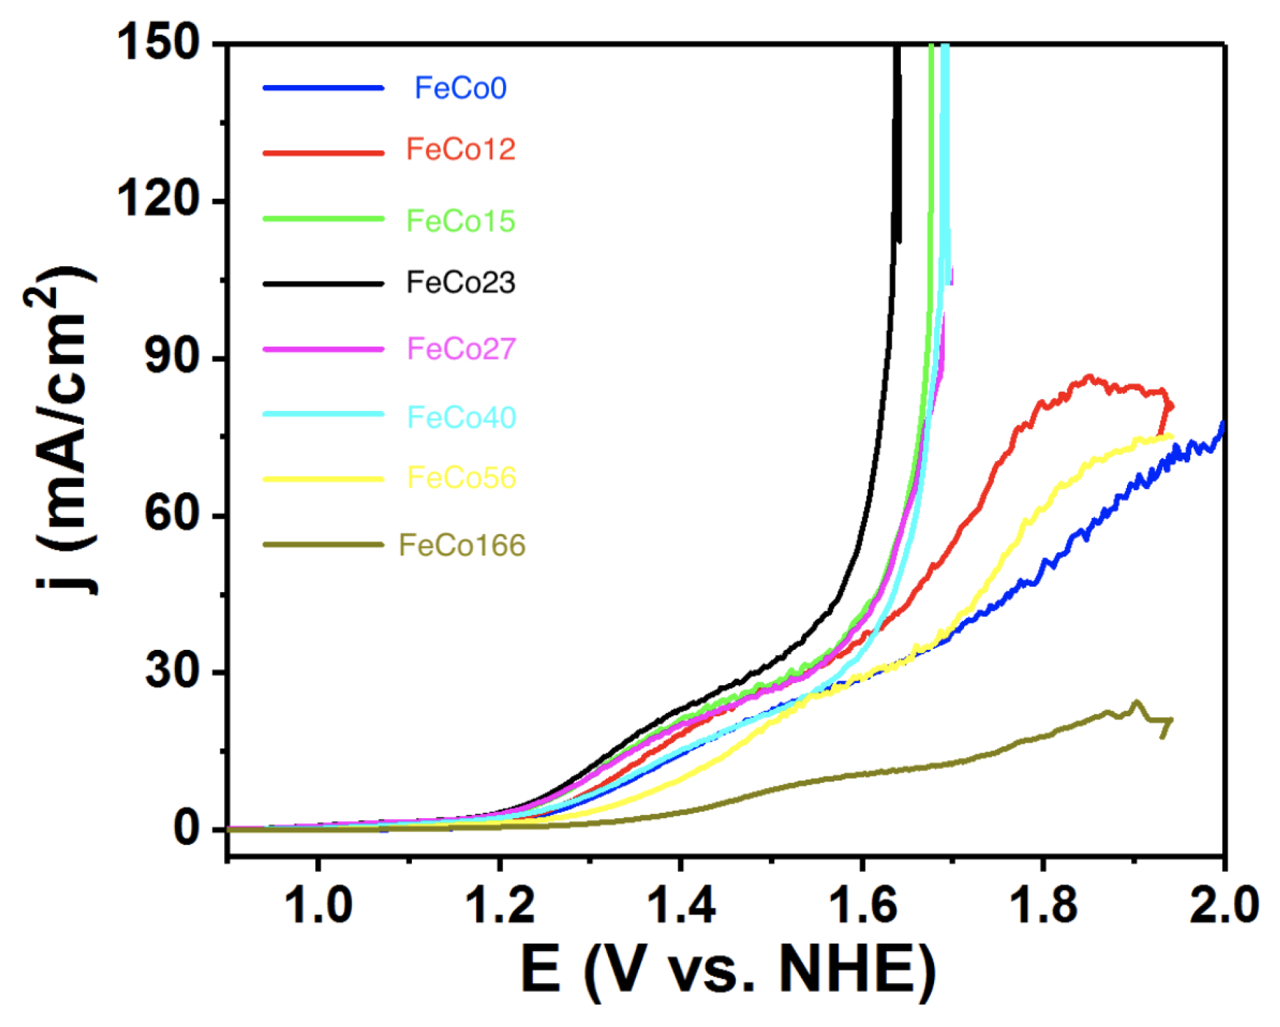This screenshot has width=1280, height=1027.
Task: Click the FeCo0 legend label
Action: (460, 88)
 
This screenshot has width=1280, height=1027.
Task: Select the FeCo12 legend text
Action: (460, 149)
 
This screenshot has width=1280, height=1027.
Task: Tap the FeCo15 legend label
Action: (460, 221)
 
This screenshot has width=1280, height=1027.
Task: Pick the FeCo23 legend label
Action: (460, 283)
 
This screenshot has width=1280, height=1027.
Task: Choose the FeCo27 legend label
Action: (460, 349)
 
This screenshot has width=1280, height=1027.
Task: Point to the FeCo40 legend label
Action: (460, 417)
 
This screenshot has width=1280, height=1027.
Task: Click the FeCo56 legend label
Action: (460, 478)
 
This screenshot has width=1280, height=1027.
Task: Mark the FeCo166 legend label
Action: (462, 545)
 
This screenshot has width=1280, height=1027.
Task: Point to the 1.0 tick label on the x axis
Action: (318, 905)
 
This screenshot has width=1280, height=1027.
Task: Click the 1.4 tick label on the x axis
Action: (681, 905)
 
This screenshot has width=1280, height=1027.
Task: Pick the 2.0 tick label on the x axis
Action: (1223, 905)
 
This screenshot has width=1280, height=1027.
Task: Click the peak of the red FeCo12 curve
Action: (1089, 377)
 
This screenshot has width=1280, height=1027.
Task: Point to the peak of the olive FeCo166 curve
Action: (1136, 702)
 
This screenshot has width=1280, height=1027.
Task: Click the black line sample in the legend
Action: (323, 283)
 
